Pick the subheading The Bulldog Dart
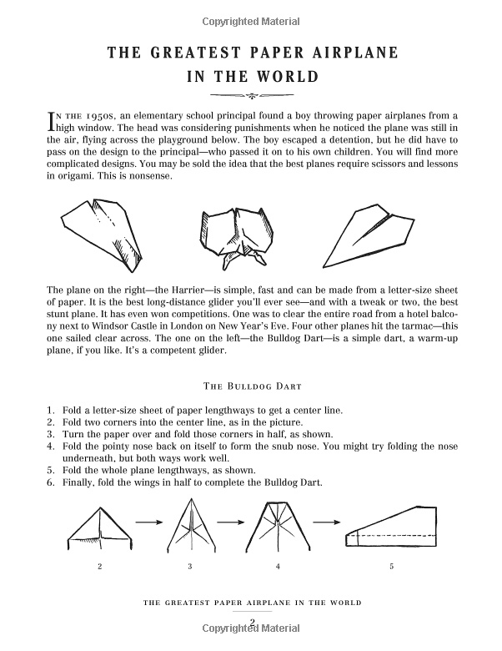250,386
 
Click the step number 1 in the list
50,411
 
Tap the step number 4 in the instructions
50,446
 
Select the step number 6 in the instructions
50,482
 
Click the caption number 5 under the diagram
391,567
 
